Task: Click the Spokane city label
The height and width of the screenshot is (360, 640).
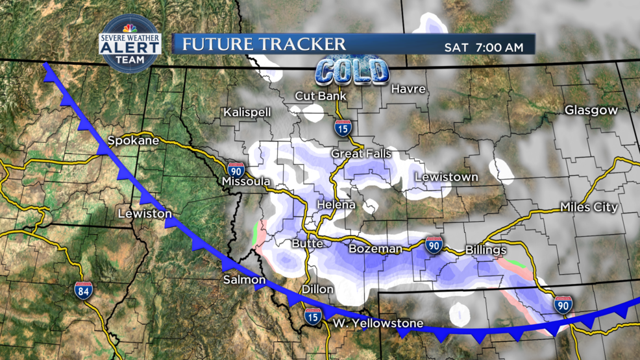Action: point(133,140)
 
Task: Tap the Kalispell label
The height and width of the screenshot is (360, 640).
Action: point(247,112)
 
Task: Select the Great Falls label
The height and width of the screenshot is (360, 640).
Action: point(361,154)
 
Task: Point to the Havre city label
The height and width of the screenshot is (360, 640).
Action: point(408,89)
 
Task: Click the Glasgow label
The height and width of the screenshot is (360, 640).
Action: point(591,110)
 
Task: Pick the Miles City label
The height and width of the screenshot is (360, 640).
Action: point(589,208)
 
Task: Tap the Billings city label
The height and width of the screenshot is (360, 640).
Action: point(486,250)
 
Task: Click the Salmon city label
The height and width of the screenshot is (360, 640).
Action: point(244,280)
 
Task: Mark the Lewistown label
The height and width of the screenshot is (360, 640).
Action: point(447,176)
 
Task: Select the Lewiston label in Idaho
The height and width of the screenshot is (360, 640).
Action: point(145,213)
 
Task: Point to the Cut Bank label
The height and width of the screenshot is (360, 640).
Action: point(320,96)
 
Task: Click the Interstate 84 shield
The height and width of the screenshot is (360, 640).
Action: point(82,289)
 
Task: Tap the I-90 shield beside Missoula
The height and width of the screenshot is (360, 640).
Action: point(236,170)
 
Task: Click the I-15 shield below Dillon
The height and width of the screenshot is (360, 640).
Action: point(313,317)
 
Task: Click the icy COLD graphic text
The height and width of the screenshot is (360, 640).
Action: point(352,71)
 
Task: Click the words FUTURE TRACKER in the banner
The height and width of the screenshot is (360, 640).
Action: point(264,44)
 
